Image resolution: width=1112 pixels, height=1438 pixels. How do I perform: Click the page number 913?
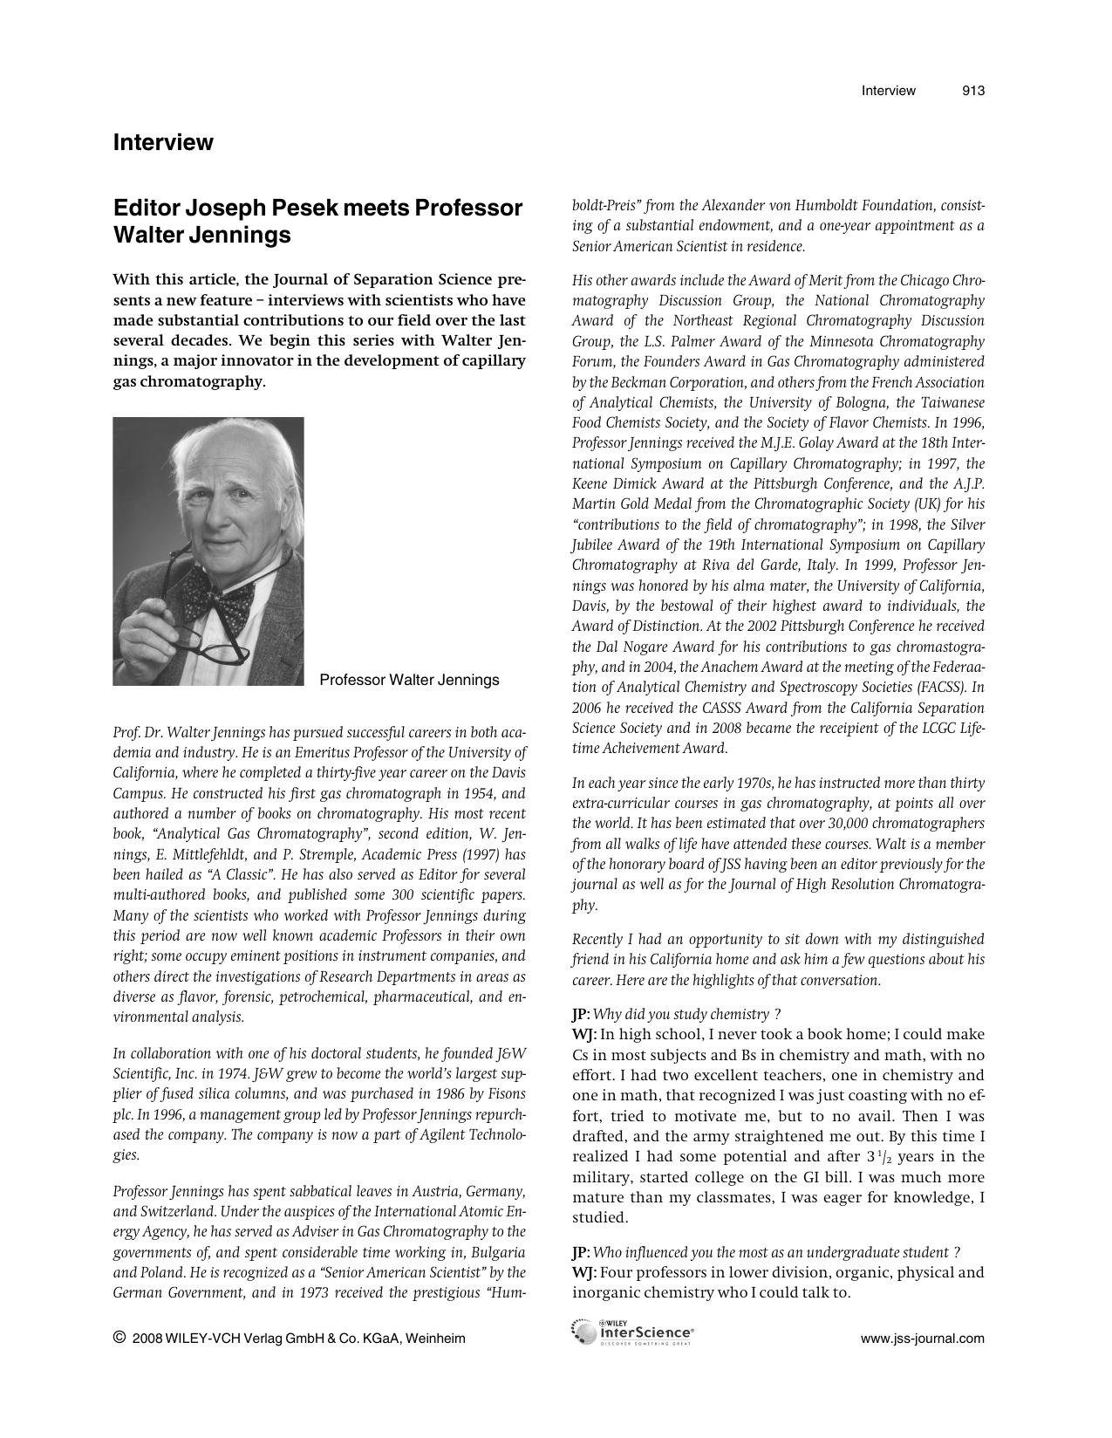pos(973,91)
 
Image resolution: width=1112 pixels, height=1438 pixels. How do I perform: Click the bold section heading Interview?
pos(163,142)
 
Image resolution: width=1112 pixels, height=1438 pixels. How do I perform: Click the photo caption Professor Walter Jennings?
pos(409,680)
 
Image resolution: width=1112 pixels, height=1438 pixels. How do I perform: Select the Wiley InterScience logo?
pos(633,1332)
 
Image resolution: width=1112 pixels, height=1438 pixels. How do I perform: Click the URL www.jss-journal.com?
pos(923,1339)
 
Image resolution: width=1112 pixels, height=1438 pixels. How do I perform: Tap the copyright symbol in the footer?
pos(119,1338)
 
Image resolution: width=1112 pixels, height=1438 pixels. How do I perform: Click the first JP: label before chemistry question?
pos(581,1014)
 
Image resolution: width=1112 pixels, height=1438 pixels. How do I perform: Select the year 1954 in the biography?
pos(477,793)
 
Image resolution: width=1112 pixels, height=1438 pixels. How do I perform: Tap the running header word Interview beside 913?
pos(888,91)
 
